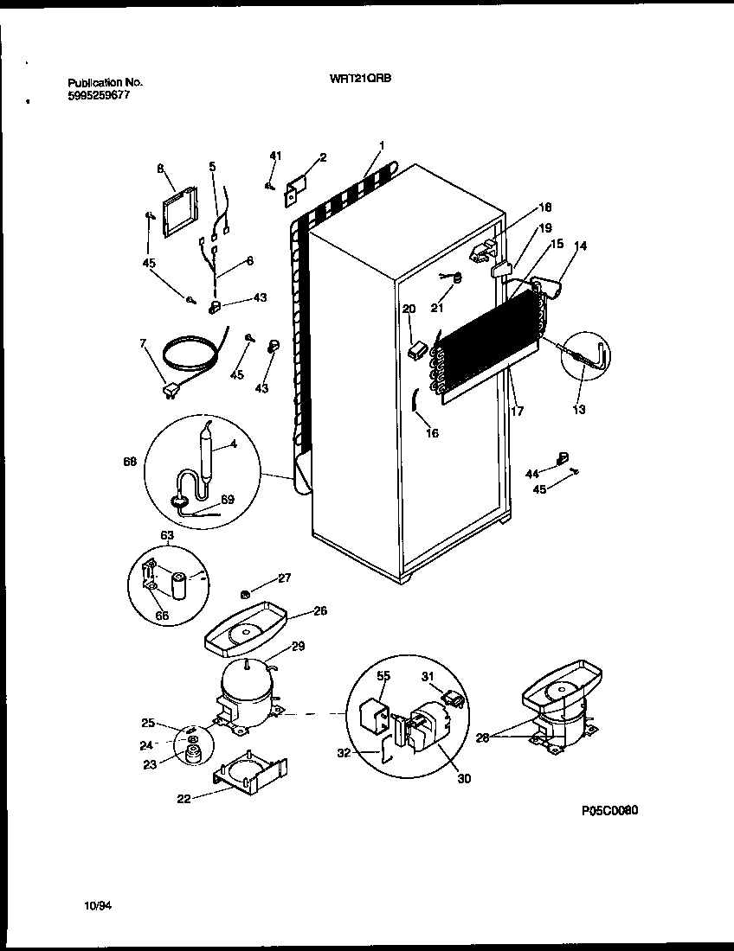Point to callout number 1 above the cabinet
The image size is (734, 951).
point(381,145)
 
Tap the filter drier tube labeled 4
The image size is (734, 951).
point(209,458)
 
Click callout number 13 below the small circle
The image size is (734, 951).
point(579,410)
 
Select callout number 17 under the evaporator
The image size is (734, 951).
point(517,412)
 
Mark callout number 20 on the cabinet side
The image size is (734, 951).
point(409,309)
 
